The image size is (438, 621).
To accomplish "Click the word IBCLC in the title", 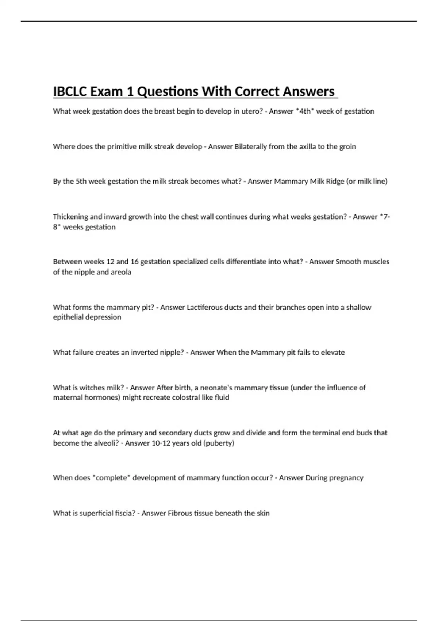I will tap(70, 91).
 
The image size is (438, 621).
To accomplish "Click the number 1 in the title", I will tap(129, 91).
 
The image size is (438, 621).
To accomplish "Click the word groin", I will tap(347, 147).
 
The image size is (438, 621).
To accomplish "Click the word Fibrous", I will tap(180, 513).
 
